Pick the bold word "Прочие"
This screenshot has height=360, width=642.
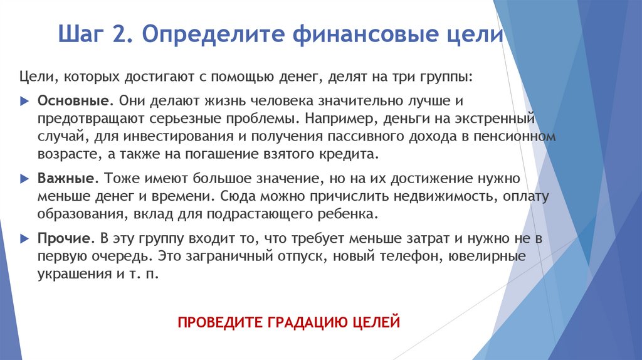click(x=65, y=240)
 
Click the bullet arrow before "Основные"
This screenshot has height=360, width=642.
click(x=24, y=101)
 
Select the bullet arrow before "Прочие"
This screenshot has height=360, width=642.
click(x=24, y=240)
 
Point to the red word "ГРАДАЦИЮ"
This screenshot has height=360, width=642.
click(x=307, y=323)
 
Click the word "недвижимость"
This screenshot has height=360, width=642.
click(x=447, y=196)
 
